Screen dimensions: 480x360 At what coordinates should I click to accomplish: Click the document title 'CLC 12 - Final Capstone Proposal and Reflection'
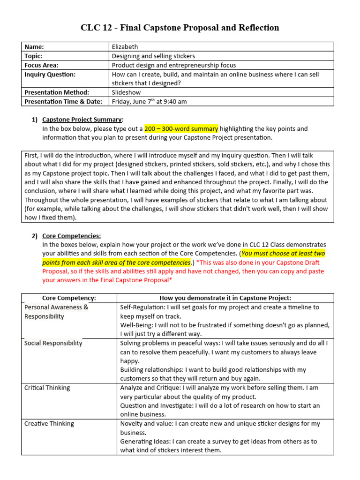tap(180, 28)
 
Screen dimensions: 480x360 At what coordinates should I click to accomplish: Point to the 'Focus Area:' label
tap(41, 65)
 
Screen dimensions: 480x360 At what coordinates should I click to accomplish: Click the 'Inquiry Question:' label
tap(50, 74)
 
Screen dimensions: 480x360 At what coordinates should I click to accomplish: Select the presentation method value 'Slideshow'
tap(126, 92)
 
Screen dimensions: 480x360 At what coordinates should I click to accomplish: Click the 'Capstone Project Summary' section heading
tap(82, 120)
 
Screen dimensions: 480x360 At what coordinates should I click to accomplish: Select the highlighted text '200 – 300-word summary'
tap(181, 128)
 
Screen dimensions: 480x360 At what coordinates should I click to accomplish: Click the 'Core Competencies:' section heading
tap(71, 236)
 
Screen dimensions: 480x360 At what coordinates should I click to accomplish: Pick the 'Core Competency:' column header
tap(69, 298)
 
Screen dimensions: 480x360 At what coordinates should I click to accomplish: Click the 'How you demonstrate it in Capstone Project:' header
tap(225, 298)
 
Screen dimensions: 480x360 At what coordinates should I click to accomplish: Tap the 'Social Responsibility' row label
tap(53, 343)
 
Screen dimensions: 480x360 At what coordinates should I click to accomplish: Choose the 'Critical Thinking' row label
tap(47, 388)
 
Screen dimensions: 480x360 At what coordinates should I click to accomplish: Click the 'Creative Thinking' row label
tap(49, 424)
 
